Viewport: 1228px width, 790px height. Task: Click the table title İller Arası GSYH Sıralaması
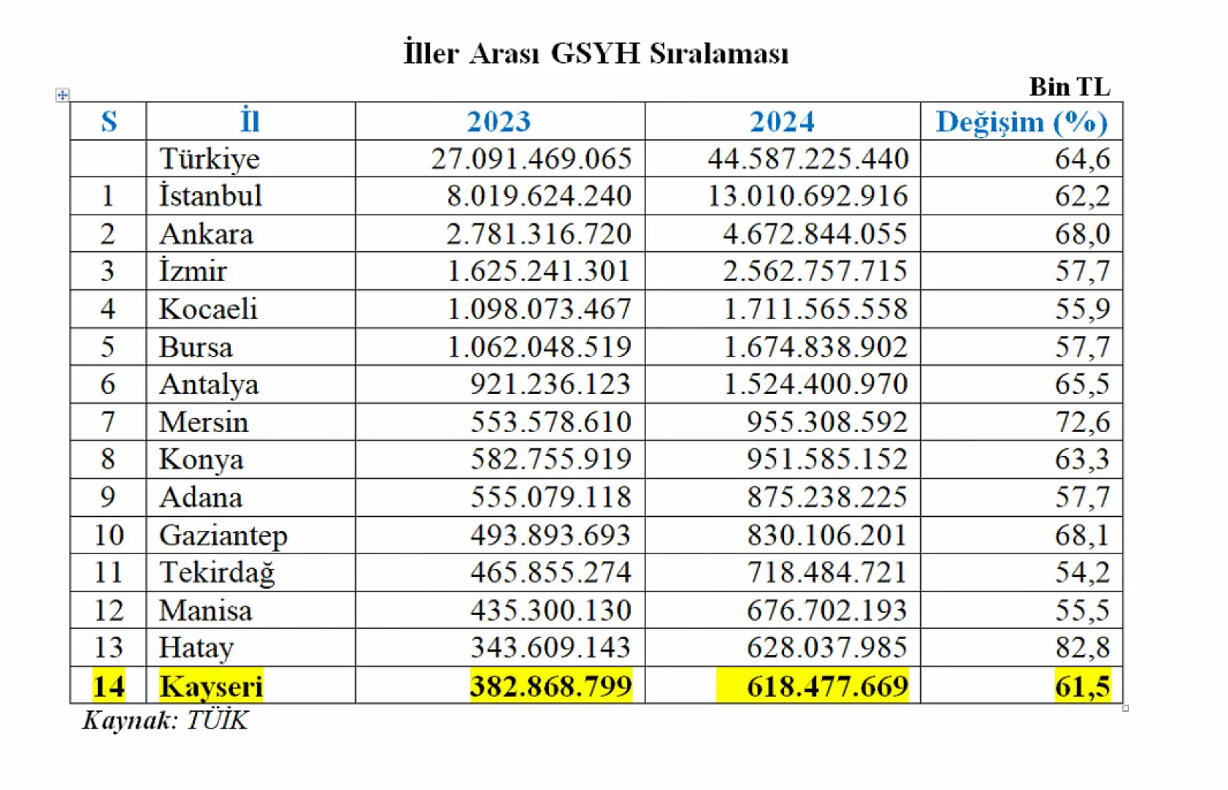tap(596, 53)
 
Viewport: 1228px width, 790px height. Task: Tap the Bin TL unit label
tap(1069, 87)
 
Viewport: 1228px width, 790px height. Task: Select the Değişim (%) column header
tap(1021, 121)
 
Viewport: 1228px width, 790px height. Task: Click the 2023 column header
tap(499, 121)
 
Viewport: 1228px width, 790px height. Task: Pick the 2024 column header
tap(782, 121)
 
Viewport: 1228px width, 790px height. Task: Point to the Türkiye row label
tap(210, 158)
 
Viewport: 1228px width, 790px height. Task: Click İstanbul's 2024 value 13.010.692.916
tap(807, 195)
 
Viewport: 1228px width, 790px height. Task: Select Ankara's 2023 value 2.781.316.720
tap(539, 233)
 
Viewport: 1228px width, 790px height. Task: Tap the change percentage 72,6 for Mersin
tap(1082, 422)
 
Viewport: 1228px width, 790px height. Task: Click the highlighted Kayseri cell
tap(211, 686)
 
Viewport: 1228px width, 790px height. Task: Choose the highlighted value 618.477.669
tap(826, 686)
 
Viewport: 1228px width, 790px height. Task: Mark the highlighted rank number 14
tap(109, 686)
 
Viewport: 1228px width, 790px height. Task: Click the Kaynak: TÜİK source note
tap(166, 720)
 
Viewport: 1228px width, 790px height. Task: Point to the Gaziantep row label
tap(223, 535)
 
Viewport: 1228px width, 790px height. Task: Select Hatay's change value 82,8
tap(1082, 647)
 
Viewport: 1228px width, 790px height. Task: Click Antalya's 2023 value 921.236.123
tap(550, 384)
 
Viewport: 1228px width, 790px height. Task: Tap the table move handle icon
tap(62, 95)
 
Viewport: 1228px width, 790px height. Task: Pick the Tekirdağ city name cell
tap(217, 572)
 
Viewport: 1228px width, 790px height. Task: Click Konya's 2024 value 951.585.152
tap(826, 459)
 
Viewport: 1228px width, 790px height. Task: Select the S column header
tap(109, 121)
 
